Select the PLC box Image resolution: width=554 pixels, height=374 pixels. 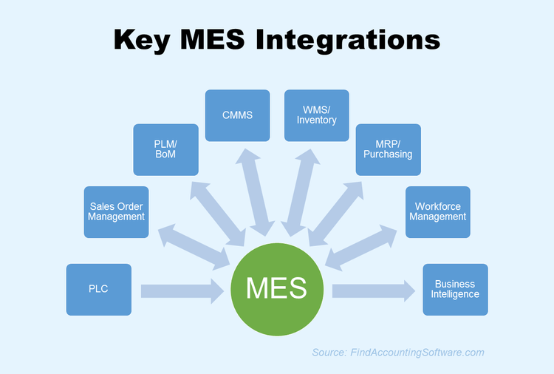tap(98, 289)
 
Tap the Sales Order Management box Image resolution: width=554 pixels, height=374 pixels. tap(116, 212)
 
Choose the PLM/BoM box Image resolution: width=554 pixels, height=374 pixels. tap(165, 149)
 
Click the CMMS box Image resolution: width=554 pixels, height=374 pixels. tap(237, 115)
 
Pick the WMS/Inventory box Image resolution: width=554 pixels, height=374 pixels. tap(316, 115)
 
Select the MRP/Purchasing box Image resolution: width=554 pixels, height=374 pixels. tap(388, 149)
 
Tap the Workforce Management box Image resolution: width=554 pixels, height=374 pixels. tap(437, 212)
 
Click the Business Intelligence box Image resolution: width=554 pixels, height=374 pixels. tap(455, 289)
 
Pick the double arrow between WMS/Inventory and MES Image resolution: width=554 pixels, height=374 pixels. tap(301, 192)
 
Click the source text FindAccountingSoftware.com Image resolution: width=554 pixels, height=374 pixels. tap(417, 353)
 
